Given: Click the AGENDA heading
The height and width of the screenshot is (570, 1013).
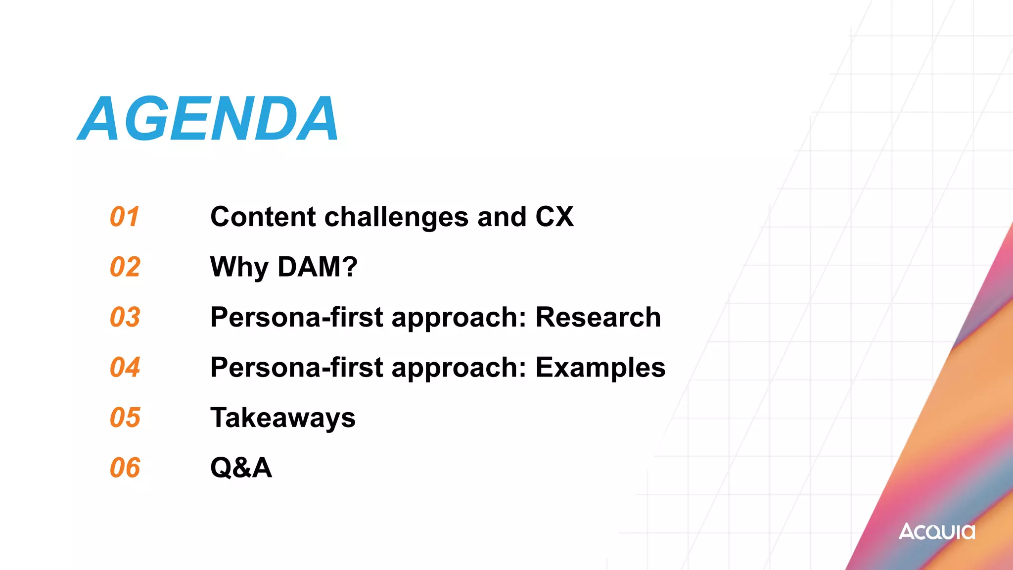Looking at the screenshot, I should click(x=208, y=119).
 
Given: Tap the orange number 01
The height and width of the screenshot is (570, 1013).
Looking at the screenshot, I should click(x=125, y=217).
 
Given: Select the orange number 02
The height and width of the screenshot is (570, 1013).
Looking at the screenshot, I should click(x=125, y=267).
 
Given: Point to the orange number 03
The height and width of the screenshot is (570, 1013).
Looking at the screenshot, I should click(x=125, y=317).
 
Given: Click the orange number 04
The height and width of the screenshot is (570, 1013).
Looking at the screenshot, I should click(x=125, y=368).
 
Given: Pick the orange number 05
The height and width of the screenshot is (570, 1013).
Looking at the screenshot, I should click(x=125, y=418).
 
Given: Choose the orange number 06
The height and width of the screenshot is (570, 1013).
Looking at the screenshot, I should click(x=125, y=468).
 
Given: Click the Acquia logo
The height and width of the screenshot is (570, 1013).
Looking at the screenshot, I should click(x=937, y=531).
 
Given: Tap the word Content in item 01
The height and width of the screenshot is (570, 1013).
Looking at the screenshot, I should click(x=263, y=217).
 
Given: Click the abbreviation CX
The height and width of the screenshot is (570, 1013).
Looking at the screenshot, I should click(x=554, y=217).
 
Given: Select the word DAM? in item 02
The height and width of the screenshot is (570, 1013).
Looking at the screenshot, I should click(x=317, y=267).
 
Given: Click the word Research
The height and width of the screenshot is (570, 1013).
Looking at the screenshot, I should click(x=598, y=317).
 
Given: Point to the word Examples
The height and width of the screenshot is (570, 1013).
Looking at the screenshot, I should click(x=600, y=368).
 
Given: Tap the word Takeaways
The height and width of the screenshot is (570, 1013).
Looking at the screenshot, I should click(x=282, y=418).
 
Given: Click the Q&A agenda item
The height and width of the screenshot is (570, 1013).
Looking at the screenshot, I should click(x=241, y=468).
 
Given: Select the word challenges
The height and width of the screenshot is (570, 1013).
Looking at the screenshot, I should click(x=396, y=217).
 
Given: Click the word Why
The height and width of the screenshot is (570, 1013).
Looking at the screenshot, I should click(x=239, y=267).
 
